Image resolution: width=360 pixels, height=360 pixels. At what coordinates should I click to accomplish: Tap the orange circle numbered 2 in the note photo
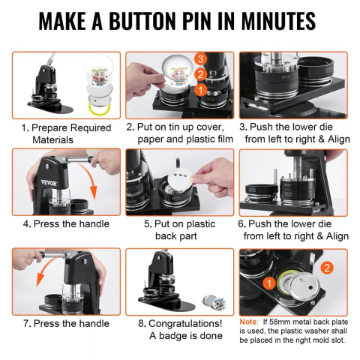pos(327,268)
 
